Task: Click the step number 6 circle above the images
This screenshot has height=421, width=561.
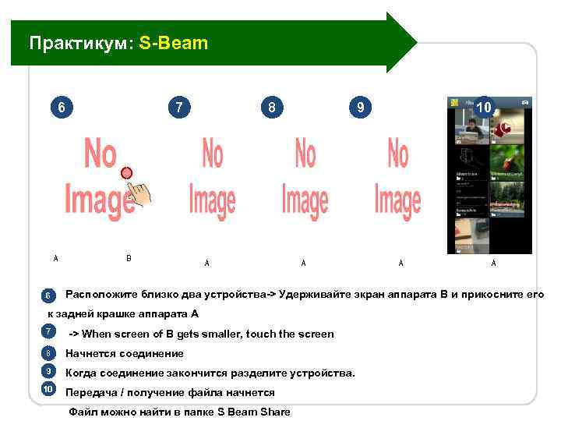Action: point(61,107)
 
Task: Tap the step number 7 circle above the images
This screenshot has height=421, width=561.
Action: point(180,107)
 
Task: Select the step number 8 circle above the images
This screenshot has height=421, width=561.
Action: point(271,107)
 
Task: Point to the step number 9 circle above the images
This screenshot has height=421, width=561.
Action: point(360,107)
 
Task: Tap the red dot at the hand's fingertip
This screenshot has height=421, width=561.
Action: point(127,172)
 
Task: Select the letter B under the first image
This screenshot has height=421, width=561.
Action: point(129,258)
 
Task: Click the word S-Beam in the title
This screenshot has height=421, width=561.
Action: point(174,43)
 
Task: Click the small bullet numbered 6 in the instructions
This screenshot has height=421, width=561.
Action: point(48,295)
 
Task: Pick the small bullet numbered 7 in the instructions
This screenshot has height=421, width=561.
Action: point(48,333)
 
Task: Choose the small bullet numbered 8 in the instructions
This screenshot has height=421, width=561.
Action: point(48,353)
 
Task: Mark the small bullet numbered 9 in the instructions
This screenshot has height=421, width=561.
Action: point(48,371)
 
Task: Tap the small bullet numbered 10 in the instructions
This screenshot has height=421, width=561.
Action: point(48,389)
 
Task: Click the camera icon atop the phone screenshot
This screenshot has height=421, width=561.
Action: point(526,102)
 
